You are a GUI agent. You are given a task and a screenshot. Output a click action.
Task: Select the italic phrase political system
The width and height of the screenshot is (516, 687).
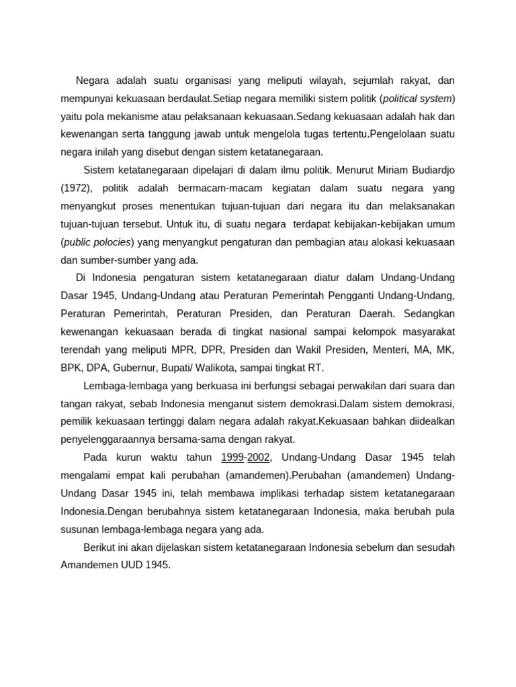[x=417, y=99]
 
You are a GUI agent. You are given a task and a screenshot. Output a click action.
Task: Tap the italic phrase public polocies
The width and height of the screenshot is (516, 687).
[x=98, y=242]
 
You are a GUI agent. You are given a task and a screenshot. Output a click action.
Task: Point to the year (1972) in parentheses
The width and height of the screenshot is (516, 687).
[x=78, y=188]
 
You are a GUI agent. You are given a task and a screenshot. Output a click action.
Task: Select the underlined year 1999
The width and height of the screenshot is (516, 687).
[x=232, y=458]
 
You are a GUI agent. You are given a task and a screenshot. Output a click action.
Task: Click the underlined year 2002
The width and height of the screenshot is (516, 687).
[x=259, y=458]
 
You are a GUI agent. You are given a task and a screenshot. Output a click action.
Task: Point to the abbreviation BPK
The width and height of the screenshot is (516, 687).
[x=71, y=368]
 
